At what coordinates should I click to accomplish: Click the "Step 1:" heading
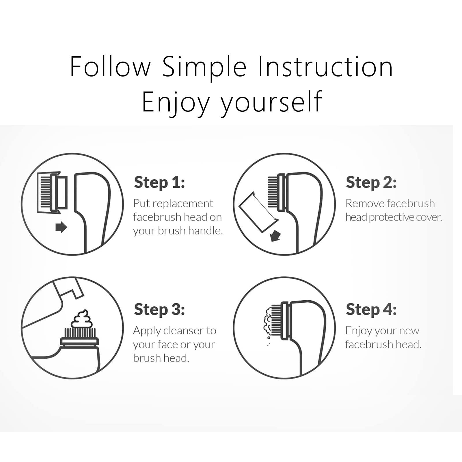point(159,182)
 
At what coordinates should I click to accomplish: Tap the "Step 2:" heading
point(371,182)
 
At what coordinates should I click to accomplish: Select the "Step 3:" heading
point(159,310)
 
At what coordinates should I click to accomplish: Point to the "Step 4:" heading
point(371,310)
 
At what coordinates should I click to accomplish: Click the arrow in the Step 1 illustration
point(61,228)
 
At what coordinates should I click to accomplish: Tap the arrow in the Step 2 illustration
point(275,236)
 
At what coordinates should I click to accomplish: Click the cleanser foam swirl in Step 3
point(82,319)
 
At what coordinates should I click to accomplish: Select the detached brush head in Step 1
point(52,193)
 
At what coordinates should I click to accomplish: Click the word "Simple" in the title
point(204,67)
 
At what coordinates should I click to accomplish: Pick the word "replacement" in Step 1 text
point(182,204)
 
